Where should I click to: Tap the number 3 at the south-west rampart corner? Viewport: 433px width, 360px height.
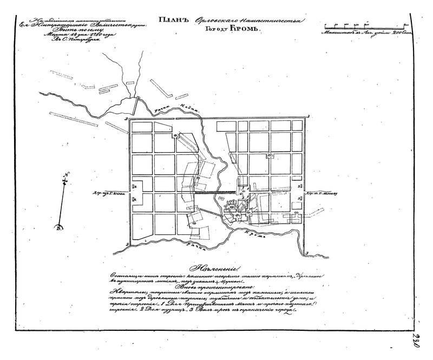click(126, 245)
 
